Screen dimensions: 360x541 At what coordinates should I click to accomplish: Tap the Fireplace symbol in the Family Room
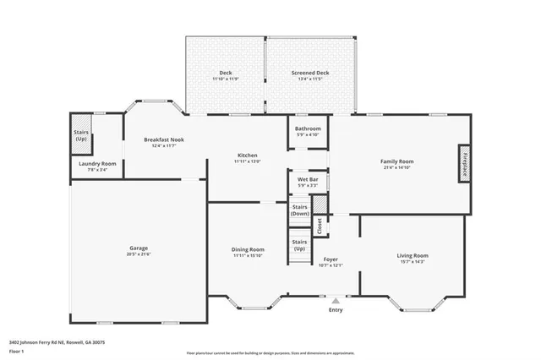464,163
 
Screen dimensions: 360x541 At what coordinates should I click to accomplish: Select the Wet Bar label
307,180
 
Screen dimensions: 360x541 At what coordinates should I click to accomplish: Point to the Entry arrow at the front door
336,299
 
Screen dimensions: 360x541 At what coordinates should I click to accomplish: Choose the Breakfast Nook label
163,139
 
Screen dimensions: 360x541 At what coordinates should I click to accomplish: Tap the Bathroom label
307,128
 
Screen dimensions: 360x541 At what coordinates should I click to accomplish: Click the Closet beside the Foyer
320,226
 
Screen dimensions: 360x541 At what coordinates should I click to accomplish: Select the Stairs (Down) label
300,210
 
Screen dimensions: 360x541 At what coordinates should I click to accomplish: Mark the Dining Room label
249,249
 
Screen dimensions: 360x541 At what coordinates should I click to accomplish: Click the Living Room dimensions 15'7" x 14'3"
413,261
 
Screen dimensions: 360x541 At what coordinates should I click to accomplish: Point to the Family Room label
396,161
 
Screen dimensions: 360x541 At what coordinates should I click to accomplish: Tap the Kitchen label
247,155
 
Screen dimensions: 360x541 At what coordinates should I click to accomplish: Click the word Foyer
330,259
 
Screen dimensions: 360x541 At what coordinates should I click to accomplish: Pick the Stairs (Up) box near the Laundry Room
80,135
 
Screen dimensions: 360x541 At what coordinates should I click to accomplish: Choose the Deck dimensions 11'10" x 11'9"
226,79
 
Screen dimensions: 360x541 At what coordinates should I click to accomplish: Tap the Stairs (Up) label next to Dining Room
299,245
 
